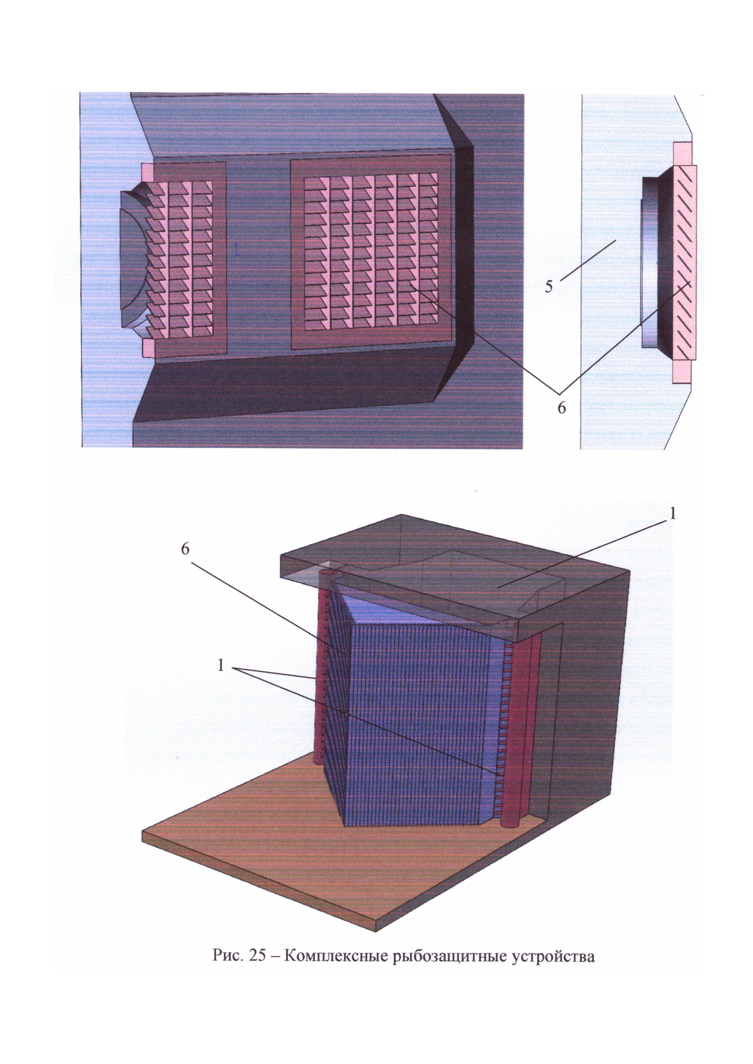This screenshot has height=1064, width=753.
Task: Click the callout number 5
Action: pos(549,286)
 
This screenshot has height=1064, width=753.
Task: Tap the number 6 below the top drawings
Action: pos(561,407)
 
